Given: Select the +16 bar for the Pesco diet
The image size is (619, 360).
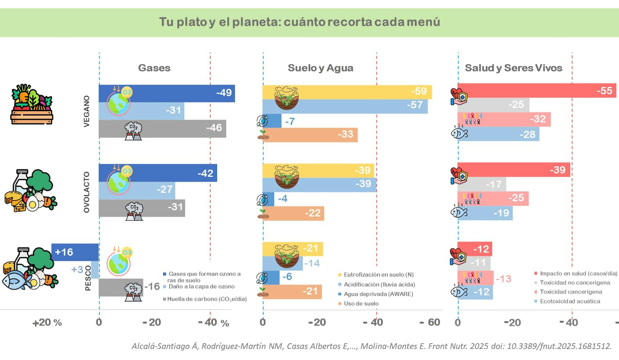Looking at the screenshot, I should pyautogui.click(x=75, y=252).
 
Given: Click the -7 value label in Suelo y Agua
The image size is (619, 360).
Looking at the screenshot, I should pyautogui.click(x=290, y=122).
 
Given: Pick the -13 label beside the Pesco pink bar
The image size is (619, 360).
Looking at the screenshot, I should pyautogui.click(x=503, y=279).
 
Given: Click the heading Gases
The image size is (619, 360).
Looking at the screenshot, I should pyautogui.click(x=154, y=68).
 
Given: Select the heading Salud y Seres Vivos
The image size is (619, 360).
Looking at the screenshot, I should pyautogui.click(x=513, y=68).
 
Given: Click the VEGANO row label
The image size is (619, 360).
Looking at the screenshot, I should pyautogui.click(x=86, y=111).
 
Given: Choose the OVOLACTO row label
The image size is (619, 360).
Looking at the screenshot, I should pyautogui.click(x=86, y=192).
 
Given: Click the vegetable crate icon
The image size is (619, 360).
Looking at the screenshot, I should pyautogui.click(x=32, y=104).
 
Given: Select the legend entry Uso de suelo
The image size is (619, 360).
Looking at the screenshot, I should pyautogui.click(x=361, y=304).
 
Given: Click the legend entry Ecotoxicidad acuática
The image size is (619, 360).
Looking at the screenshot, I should pyautogui.click(x=570, y=301).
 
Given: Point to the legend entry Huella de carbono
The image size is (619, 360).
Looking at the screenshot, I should pyautogui.click(x=207, y=299).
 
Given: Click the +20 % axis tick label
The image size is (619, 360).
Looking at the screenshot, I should pyautogui.click(x=47, y=323).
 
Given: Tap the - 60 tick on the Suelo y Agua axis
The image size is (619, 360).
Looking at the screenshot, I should pyautogui.click(x=430, y=322).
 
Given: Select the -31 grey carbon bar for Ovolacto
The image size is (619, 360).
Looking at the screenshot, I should pyautogui.click(x=142, y=208).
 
